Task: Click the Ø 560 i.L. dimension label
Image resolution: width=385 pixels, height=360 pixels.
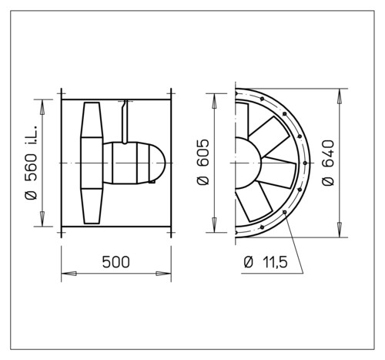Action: (31, 163)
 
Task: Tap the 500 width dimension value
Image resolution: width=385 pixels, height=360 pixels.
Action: (116, 262)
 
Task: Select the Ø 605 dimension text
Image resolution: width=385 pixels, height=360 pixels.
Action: (203, 162)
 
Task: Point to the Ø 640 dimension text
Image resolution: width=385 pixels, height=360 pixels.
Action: (328, 163)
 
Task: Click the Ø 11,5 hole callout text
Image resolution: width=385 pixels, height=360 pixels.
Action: (266, 262)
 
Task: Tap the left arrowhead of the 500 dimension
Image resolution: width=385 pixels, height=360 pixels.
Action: (69, 274)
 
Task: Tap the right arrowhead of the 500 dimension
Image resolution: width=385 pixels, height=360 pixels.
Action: (163, 274)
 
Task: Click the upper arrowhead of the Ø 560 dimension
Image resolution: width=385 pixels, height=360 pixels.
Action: (42, 107)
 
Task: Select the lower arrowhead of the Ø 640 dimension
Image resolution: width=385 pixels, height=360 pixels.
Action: (340, 230)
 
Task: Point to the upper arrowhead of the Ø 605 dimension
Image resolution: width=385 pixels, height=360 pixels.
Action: (214, 101)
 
